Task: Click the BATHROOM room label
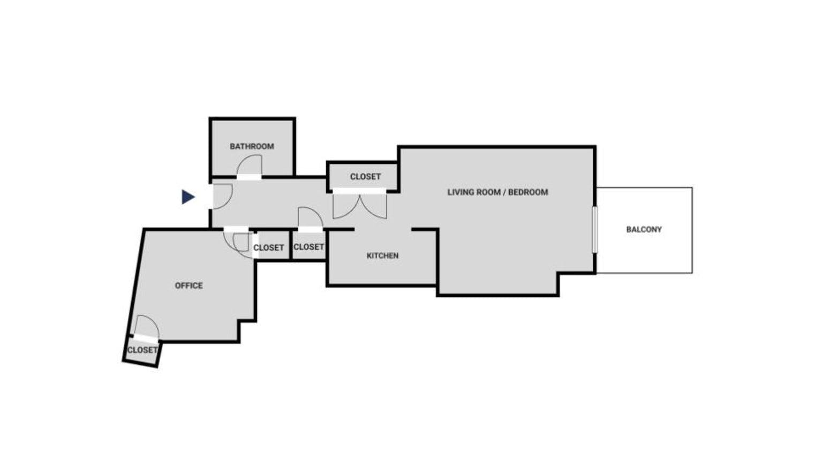[252, 146]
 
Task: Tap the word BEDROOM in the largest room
[528, 192]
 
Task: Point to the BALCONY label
[644, 229]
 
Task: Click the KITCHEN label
[382, 256]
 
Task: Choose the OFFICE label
[189, 286]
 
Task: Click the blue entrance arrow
[187, 197]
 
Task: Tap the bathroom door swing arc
[250, 164]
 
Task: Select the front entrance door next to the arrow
[222, 196]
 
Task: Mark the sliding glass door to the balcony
[594, 229]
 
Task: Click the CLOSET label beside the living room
[365, 177]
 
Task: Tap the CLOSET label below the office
[142, 350]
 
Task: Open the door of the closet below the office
[146, 328]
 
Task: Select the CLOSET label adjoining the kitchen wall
[308, 247]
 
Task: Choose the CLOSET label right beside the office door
[268, 247]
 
